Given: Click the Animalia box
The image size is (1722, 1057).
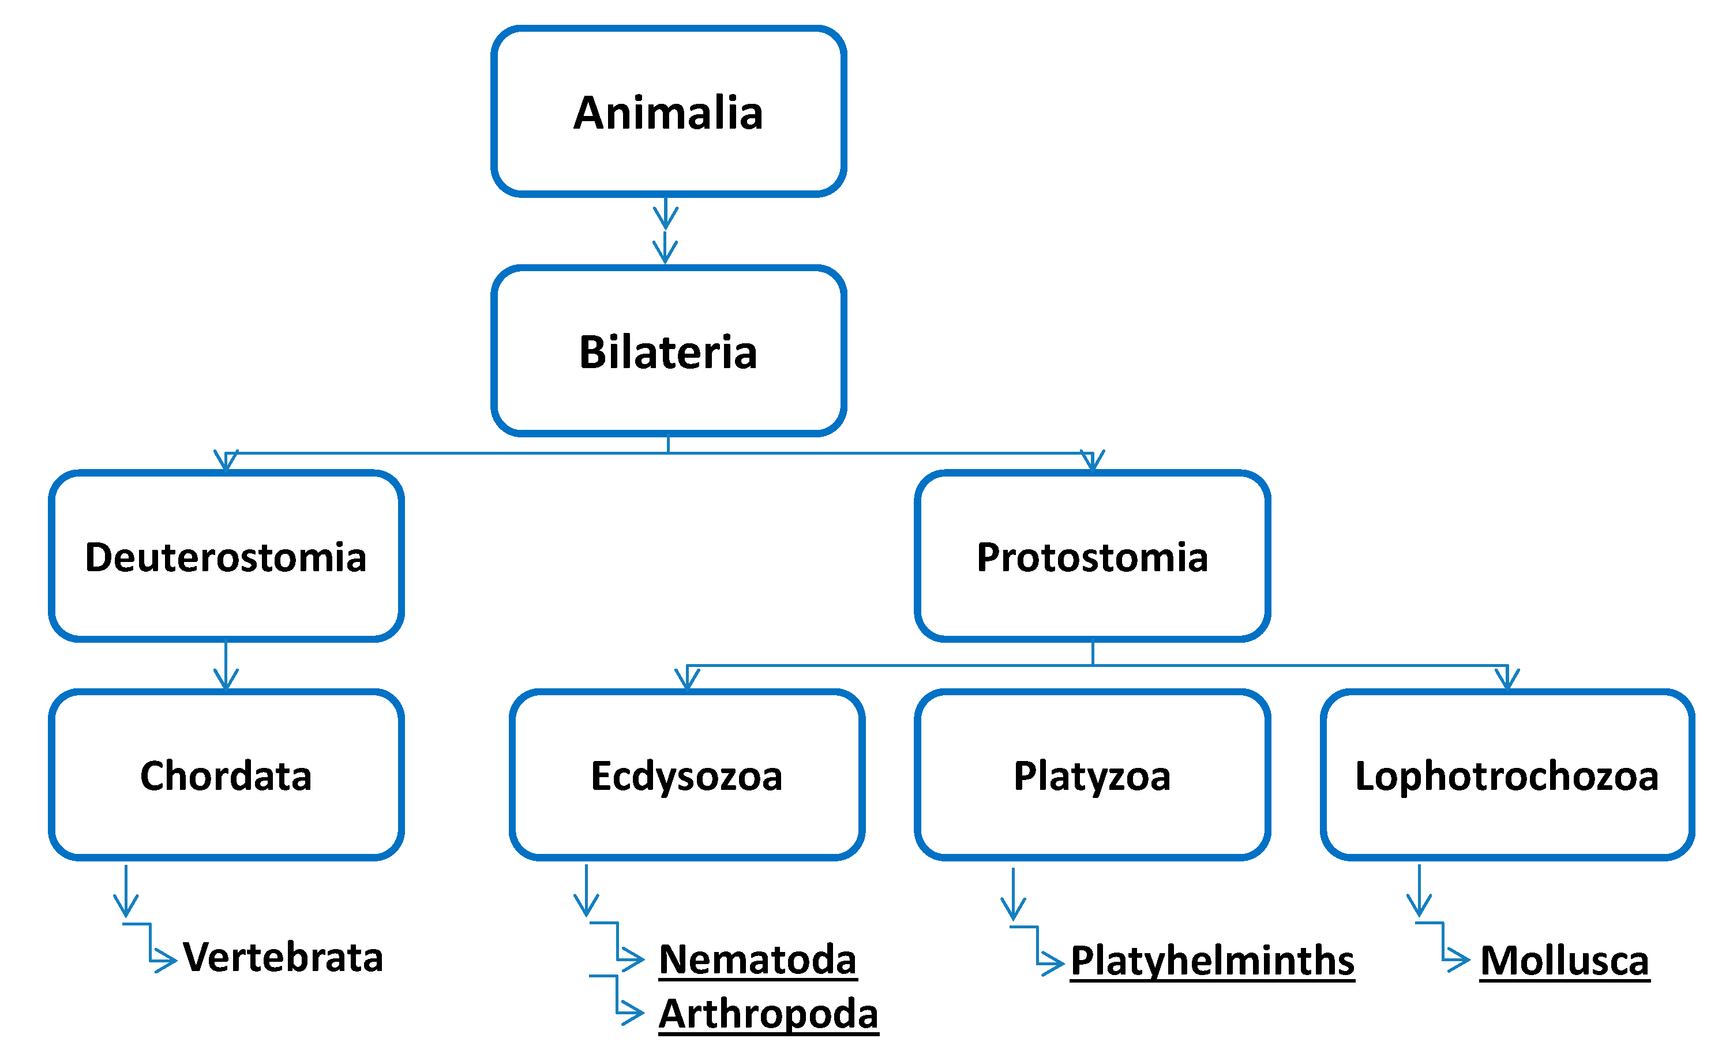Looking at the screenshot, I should pyautogui.click(x=668, y=112).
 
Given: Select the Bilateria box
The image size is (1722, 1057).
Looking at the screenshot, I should pyautogui.click(x=668, y=351).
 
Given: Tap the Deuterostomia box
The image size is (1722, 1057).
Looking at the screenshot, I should pyautogui.click(x=226, y=556).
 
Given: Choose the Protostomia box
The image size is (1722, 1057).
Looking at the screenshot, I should pyautogui.click(x=1091, y=556).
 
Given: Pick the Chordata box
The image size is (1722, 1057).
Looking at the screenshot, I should pyautogui.click(x=226, y=775).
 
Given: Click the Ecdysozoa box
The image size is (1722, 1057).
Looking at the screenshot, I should pyautogui.click(x=686, y=775).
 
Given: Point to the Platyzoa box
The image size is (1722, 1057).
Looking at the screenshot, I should pyautogui.click(x=1091, y=775).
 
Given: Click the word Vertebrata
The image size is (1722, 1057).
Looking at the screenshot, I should pyautogui.click(x=283, y=957).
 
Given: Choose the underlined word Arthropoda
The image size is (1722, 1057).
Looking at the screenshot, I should pyautogui.click(x=768, y=1014).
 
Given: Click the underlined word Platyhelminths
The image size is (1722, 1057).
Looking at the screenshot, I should pyautogui.click(x=1212, y=961).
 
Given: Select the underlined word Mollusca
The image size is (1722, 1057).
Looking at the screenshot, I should pyautogui.click(x=1564, y=961).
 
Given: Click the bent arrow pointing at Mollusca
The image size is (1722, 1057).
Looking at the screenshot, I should pyautogui.click(x=1444, y=947).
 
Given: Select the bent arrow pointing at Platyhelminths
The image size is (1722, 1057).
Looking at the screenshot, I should pyautogui.click(x=1038, y=951).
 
